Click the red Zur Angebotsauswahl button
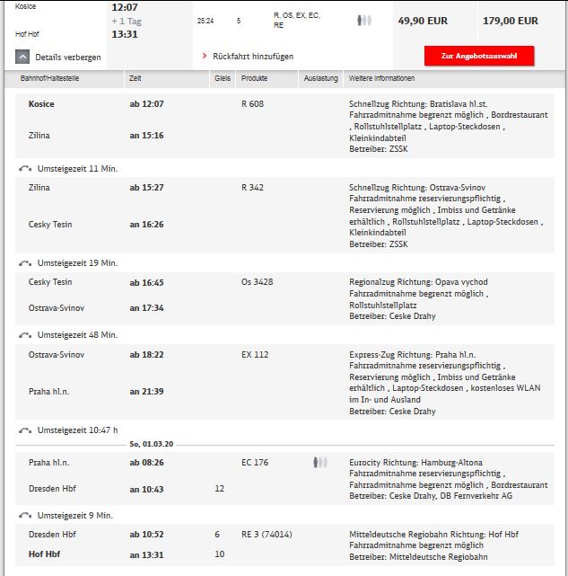[x=479, y=56]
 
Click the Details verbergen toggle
[x=58, y=58]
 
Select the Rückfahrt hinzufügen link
[x=248, y=56]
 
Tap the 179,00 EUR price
[x=511, y=21]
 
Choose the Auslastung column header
[x=320, y=79]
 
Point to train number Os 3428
[x=257, y=281]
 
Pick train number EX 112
[x=255, y=354]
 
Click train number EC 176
[x=255, y=462]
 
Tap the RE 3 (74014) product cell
[x=267, y=534]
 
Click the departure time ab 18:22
[x=146, y=354]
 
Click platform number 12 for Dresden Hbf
[x=219, y=488]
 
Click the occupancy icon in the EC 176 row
[x=320, y=462]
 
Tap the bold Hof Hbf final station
[x=44, y=554]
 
